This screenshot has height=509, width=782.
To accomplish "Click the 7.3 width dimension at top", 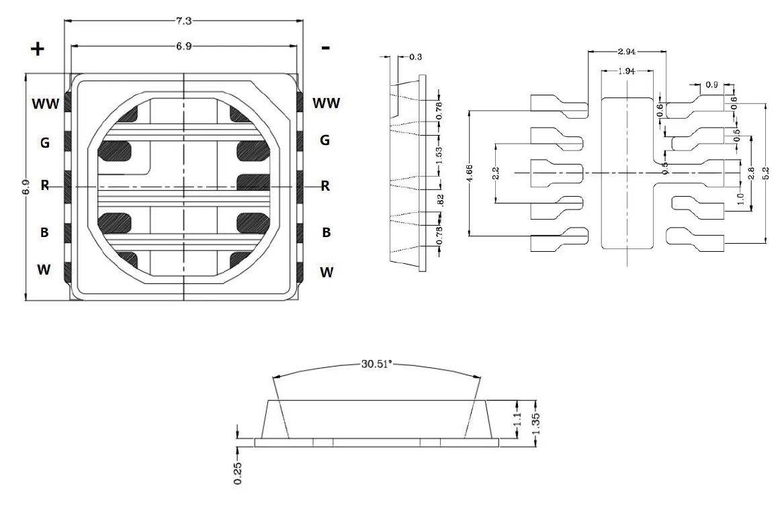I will pyautogui.click(x=183, y=21).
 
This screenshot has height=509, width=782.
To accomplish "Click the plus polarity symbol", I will pyautogui.click(x=38, y=49).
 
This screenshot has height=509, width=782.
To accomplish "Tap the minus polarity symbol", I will pyautogui.click(x=326, y=48).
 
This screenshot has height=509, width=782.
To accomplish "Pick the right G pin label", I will pyautogui.click(x=324, y=140).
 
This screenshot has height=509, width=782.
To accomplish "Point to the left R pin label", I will pyautogui.click(x=45, y=186).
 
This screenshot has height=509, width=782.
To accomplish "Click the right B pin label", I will pyautogui.click(x=326, y=232).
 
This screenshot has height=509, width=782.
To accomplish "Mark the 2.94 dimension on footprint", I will pyautogui.click(x=626, y=52).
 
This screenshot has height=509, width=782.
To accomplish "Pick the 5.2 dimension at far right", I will pyautogui.click(x=767, y=173).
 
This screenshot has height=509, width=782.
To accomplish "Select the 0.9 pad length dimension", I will pyautogui.click(x=711, y=85).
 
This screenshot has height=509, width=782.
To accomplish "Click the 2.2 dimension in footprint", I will pyautogui.click(x=496, y=173).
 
